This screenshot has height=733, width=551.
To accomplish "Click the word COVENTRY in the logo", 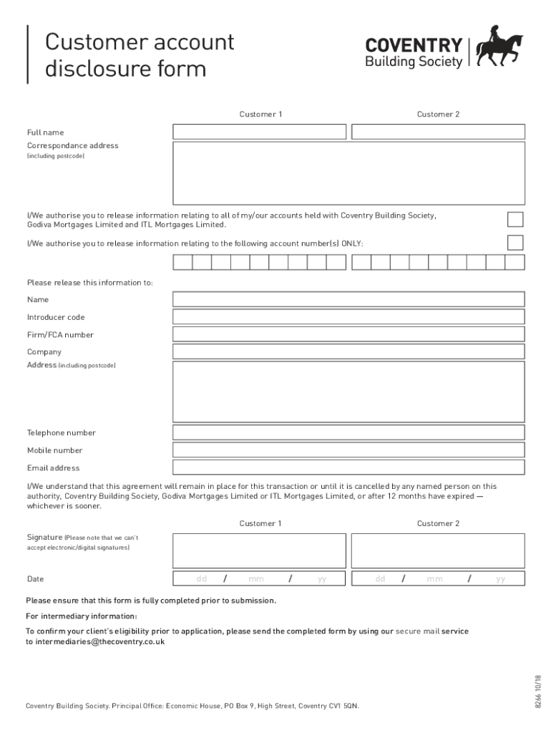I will [x=414, y=46].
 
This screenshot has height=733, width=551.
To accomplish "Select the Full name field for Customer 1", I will [x=259, y=132].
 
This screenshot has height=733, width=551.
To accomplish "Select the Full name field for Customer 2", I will [x=438, y=132].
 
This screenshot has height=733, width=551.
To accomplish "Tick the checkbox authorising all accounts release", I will [x=515, y=219].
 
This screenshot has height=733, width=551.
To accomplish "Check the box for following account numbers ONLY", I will [x=515, y=243].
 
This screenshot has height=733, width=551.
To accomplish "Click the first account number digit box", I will [x=182, y=262].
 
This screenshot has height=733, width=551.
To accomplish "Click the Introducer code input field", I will [x=348, y=317].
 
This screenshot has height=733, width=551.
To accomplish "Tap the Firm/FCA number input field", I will [x=348, y=334].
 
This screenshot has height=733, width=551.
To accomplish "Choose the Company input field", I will [x=348, y=351].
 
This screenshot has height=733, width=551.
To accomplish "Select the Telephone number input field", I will [x=348, y=432].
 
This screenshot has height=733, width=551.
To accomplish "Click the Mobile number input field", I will [x=348, y=450].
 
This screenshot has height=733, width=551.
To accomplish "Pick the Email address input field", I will [x=348, y=467].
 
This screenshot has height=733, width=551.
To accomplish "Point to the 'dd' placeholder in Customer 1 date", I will [x=202, y=579].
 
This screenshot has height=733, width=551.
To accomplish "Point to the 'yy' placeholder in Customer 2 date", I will [x=500, y=579].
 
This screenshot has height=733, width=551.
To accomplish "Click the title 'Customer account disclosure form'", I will [x=140, y=56].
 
